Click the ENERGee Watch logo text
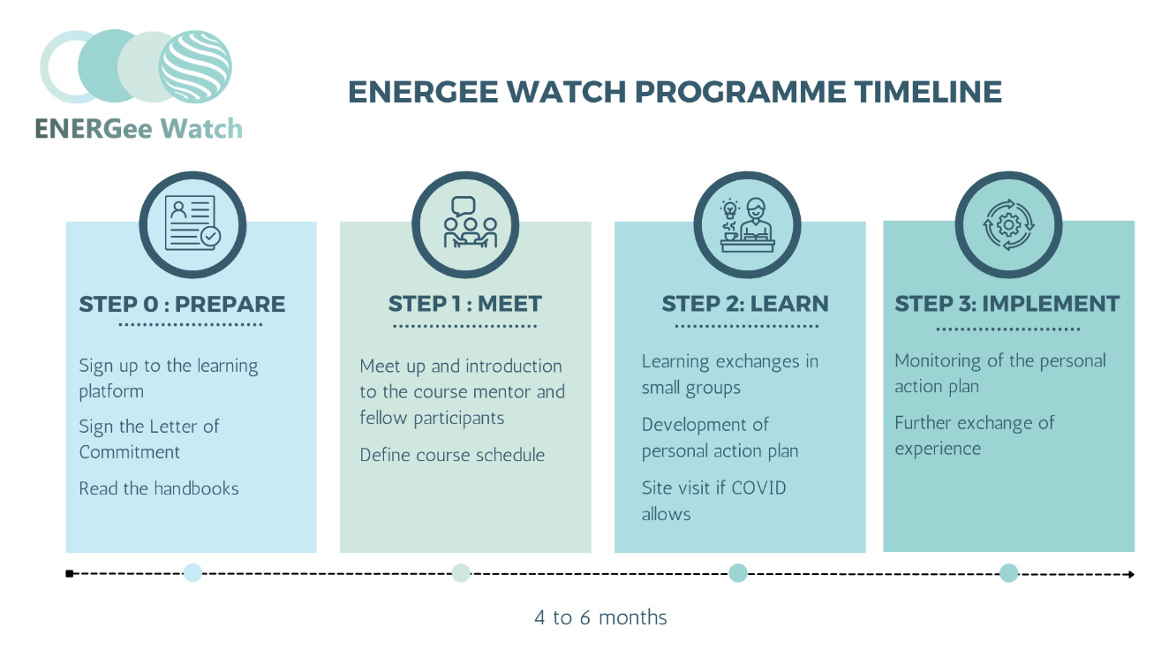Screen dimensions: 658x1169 point(139,129)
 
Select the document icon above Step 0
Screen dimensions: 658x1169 point(192,223)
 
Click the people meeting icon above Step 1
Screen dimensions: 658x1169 point(465,223)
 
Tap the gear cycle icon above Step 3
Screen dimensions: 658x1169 point(1008,223)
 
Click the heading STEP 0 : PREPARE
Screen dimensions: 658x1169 point(182,304)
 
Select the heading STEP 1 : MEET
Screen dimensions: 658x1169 point(465,304)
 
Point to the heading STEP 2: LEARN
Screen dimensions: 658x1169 point(745,304)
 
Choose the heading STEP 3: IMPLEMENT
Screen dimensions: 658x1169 point(1007,304)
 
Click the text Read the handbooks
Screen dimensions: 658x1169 point(159,488)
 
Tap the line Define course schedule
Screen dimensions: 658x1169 point(452,455)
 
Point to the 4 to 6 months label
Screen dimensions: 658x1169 point(600,616)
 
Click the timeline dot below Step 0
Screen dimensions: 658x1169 point(192,572)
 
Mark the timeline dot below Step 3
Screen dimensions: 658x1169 point(1008,572)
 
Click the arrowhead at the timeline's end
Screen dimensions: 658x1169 point(1130,574)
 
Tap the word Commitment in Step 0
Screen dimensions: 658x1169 point(130,452)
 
